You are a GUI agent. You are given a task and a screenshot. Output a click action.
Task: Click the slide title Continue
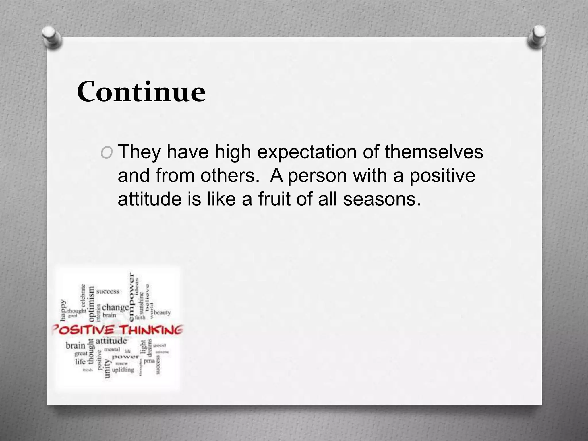pos(141,92)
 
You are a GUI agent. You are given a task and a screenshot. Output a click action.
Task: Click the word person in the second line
pos(317,176)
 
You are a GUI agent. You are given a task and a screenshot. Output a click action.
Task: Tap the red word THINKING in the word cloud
pos(151,330)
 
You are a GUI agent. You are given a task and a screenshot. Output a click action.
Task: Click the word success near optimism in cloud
pos(108,291)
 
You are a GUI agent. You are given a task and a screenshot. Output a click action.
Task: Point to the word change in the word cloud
pos(115,307)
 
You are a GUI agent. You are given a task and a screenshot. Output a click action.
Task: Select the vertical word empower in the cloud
pos(131,297)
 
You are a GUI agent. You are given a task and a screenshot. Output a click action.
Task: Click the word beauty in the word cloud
pos(162,312)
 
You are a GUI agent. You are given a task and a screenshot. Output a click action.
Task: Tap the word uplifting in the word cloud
pos(123,370)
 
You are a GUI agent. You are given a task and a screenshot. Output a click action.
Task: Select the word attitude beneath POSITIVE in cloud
pos(111,341)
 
